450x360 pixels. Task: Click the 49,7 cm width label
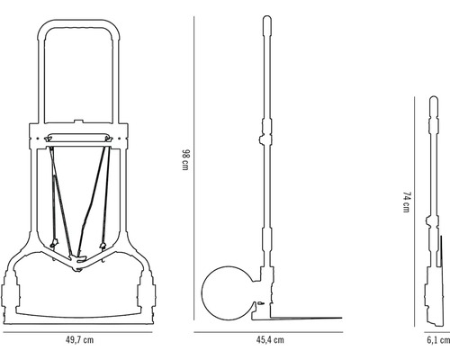[x=80, y=340]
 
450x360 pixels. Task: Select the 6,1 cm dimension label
[x=437, y=340]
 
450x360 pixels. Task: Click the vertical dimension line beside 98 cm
[x=196, y=167]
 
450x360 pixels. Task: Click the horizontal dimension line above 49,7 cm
[x=80, y=329]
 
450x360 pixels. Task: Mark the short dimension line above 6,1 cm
[x=437, y=329]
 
